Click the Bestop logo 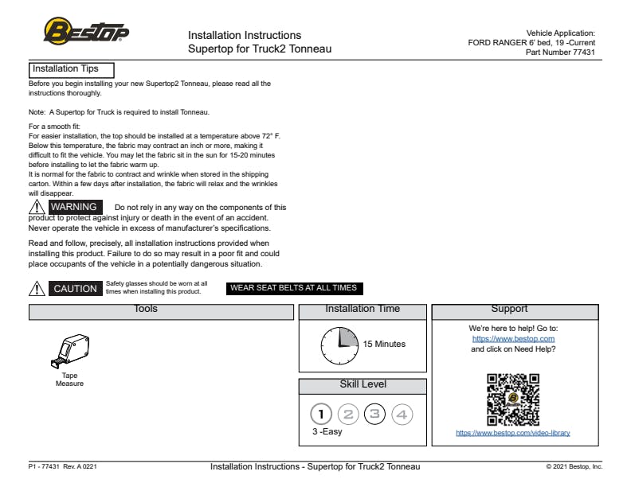pos(86,32)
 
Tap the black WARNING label pos(73,207)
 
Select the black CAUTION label pos(75,289)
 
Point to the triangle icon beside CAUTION pos(36,289)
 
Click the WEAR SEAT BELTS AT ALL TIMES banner pos(294,288)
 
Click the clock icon pos(340,345)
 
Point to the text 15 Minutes pos(384,345)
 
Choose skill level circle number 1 pos(321,414)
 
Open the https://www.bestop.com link pos(513,339)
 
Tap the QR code pos(513,399)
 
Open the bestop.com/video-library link pos(512,434)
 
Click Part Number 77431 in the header pos(560,53)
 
